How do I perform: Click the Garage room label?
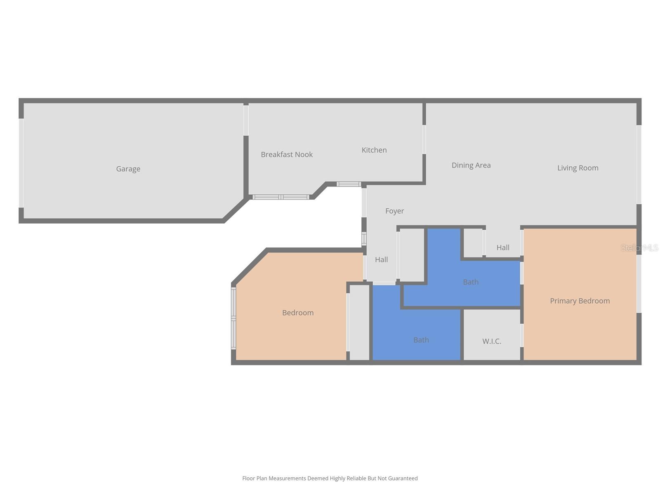pos(128,169)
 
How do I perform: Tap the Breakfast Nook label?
pos(287,155)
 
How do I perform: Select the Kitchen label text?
pos(374,150)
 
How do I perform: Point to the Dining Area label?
pos(471,165)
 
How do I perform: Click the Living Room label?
pos(577,168)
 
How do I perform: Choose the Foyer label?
pos(394,211)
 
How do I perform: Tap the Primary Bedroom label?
pos(580,301)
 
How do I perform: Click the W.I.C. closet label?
pos(492,342)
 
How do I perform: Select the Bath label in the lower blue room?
pos(421,340)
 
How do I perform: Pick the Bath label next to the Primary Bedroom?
pos(471,282)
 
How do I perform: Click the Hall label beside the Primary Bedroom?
pos(503,247)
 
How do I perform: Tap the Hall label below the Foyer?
pos(381,260)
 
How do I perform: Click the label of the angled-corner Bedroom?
pos(298,313)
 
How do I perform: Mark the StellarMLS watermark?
pos(639,248)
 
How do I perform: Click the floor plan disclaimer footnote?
pos(330,478)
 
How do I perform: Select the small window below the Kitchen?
pos(349,184)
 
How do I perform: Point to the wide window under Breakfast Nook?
pos(280,197)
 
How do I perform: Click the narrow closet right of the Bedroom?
pos(359,322)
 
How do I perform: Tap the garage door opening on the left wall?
pos(21,163)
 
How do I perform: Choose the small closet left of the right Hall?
pos(473,243)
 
